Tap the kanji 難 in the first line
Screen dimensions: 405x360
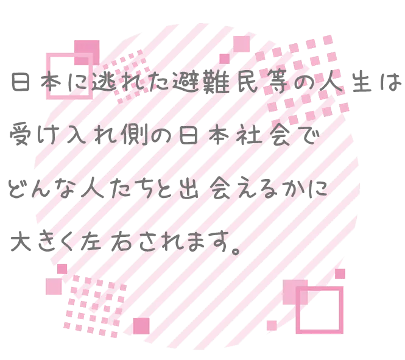pyautogui.click(x=216, y=82)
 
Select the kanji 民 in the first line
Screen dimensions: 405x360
pyautogui.click(x=247, y=82)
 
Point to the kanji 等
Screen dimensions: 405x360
pyautogui.click(x=276, y=82)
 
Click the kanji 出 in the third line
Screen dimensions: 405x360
pyautogui.click(x=189, y=188)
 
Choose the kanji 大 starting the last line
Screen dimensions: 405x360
pyautogui.click(x=21, y=241)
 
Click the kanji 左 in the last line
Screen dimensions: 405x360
pyautogui.click(x=90, y=241)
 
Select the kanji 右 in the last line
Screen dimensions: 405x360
pyautogui.click(x=121, y=241)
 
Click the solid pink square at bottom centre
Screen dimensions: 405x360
pyautogui.click(x=141, y=326)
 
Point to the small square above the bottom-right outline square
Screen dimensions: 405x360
pyautogui.click(x=340, y=274)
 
